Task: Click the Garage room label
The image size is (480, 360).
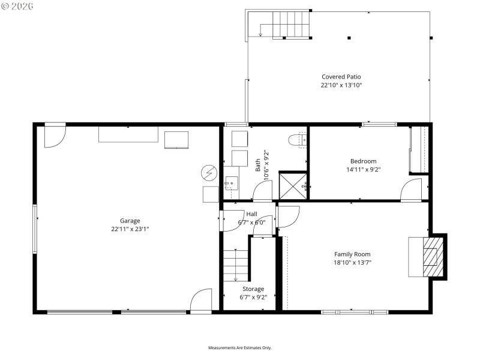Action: click(130, 221)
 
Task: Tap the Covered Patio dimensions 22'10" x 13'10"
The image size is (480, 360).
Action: click(341, 85)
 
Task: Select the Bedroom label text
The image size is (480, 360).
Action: click(364, 161)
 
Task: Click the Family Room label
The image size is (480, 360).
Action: click(352, 254)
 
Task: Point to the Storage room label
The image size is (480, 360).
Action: click(253, 289)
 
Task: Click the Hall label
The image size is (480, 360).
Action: click(251, 214)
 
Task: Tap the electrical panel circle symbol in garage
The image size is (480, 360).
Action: click(209, 173)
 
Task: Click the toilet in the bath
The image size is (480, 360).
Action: click(297, 140)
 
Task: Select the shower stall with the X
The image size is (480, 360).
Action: click(293, 185)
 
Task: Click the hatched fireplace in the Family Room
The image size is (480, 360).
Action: click(430, 256)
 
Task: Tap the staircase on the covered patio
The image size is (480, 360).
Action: click(290, 24)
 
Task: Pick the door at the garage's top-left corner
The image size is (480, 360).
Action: click(55, 136)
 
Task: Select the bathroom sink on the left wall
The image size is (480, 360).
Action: click(232, 184)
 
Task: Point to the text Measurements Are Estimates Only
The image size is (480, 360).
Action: click(239, 348)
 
